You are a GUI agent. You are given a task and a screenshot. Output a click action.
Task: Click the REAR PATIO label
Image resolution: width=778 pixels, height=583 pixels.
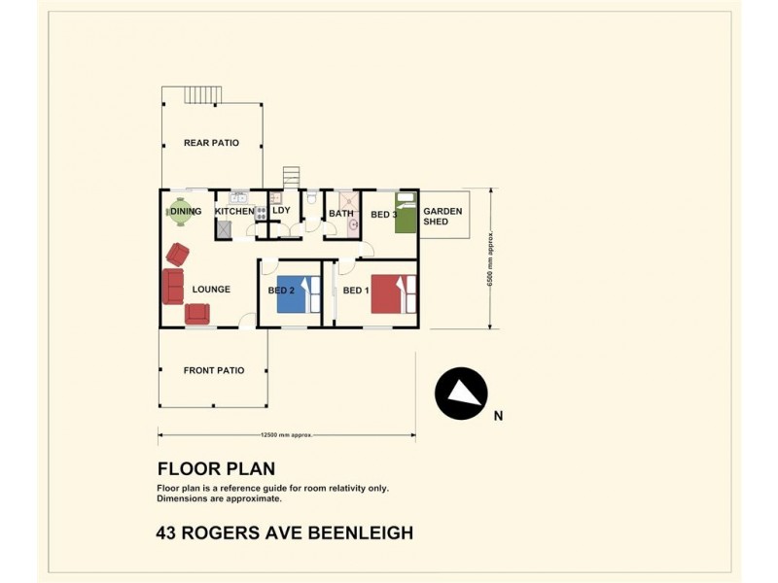point(211,143)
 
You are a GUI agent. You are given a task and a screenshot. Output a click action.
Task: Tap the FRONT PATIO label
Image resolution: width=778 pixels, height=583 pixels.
point(214,370)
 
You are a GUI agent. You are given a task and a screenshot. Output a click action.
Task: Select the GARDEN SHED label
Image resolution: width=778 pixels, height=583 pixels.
point(442,216)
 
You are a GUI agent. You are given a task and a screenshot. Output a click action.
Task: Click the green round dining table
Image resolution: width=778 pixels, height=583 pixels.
point(181,212)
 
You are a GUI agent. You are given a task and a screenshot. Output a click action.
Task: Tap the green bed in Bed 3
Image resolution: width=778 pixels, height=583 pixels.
point(405,213)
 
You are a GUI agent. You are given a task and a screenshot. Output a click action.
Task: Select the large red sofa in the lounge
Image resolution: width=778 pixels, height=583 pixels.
point(173,286)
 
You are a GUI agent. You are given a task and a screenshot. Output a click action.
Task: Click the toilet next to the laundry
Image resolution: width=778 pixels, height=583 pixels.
point(311,198)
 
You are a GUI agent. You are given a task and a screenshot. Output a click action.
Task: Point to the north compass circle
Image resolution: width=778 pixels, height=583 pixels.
point(461,394)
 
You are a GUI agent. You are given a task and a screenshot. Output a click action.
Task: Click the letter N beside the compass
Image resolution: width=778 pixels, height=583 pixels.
point(498,416)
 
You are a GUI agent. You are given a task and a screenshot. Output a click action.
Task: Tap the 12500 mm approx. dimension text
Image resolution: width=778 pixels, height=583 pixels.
point(287,435)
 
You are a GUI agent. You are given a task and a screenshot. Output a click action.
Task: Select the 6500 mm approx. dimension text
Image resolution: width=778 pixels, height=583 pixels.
point(490,258)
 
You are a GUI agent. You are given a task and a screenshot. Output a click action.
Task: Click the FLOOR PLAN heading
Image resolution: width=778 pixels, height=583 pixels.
point(216,468)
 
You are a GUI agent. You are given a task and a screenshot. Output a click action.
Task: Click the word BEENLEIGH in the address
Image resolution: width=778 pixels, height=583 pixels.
point(361,532)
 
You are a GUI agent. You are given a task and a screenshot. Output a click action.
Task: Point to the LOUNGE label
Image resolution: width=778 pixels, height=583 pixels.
point(211,289)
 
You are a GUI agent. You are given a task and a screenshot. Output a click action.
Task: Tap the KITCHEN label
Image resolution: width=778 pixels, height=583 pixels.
point(234,211)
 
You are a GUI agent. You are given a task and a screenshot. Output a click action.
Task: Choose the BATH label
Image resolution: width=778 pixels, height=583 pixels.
point(341,214)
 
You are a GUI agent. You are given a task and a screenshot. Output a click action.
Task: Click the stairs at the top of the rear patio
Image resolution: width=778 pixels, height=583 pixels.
point(203,95)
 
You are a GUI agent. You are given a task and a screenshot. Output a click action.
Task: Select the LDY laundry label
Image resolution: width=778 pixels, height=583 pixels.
point(281,210)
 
